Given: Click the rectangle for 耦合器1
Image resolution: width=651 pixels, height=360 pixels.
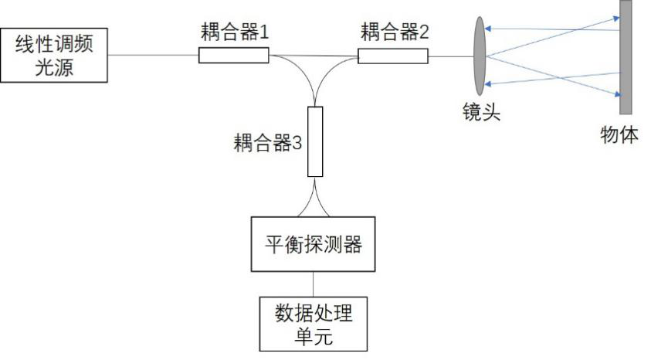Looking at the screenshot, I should [x=233, y=55].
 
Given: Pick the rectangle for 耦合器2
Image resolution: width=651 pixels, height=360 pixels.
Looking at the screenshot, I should [x=392, y=56].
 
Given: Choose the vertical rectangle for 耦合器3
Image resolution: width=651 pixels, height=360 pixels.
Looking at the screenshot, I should [x=315, y=141].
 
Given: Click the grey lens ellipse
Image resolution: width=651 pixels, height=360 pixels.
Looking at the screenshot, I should [x=480, y=55].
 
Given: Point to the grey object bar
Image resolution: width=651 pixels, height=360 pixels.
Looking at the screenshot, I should [x=626, y=56].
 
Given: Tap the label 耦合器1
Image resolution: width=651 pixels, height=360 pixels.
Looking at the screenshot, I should [x=232, y=32].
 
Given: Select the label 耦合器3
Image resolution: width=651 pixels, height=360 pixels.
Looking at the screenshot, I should [x=266, y=144].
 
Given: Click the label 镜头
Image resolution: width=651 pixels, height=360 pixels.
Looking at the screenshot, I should [x=477, y=114].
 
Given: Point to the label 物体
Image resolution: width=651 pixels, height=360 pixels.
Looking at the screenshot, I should [x=619, y=135].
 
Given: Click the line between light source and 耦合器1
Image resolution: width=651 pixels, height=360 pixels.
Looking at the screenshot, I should [x=154, y=55].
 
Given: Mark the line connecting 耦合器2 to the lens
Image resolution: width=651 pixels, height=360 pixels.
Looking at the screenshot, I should [x=449, y=56].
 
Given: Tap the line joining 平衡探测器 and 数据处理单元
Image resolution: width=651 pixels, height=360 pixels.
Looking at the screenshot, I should [x=314, y=283].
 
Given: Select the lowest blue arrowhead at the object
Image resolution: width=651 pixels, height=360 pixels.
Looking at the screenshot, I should [x=616, y=94].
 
